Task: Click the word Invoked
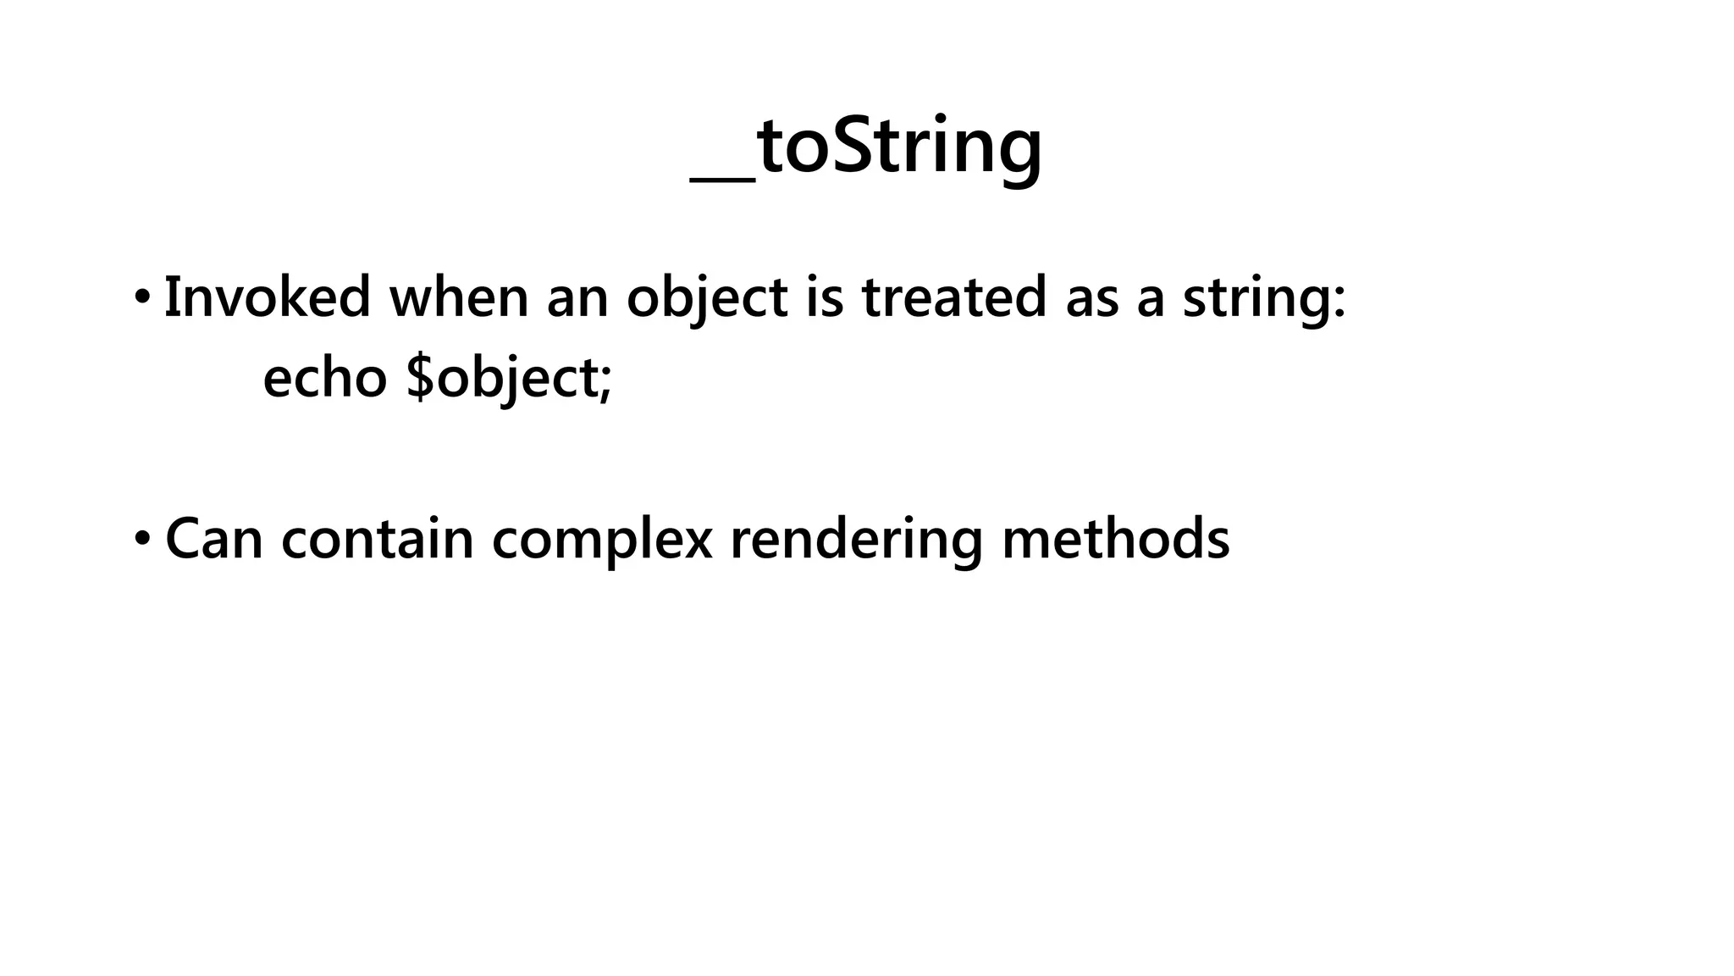click(267, 297)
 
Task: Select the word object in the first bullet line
click(707, 299)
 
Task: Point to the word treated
click(953, 297)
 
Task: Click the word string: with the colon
click(1263, 299)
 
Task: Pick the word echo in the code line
click(325, 377)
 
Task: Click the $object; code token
click(509, 378)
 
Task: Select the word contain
click(377, 539)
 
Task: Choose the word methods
click(1115, 539)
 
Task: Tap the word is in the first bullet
click(825, 297)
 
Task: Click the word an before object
click(577, 299)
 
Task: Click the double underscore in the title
click(722, 176)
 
